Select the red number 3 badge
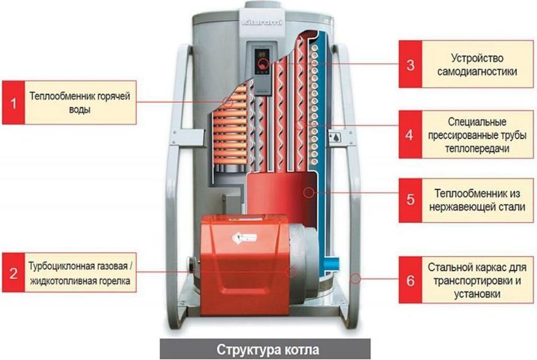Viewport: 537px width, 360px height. click(410, 65)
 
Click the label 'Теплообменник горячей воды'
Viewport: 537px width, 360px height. click(79, 103)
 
